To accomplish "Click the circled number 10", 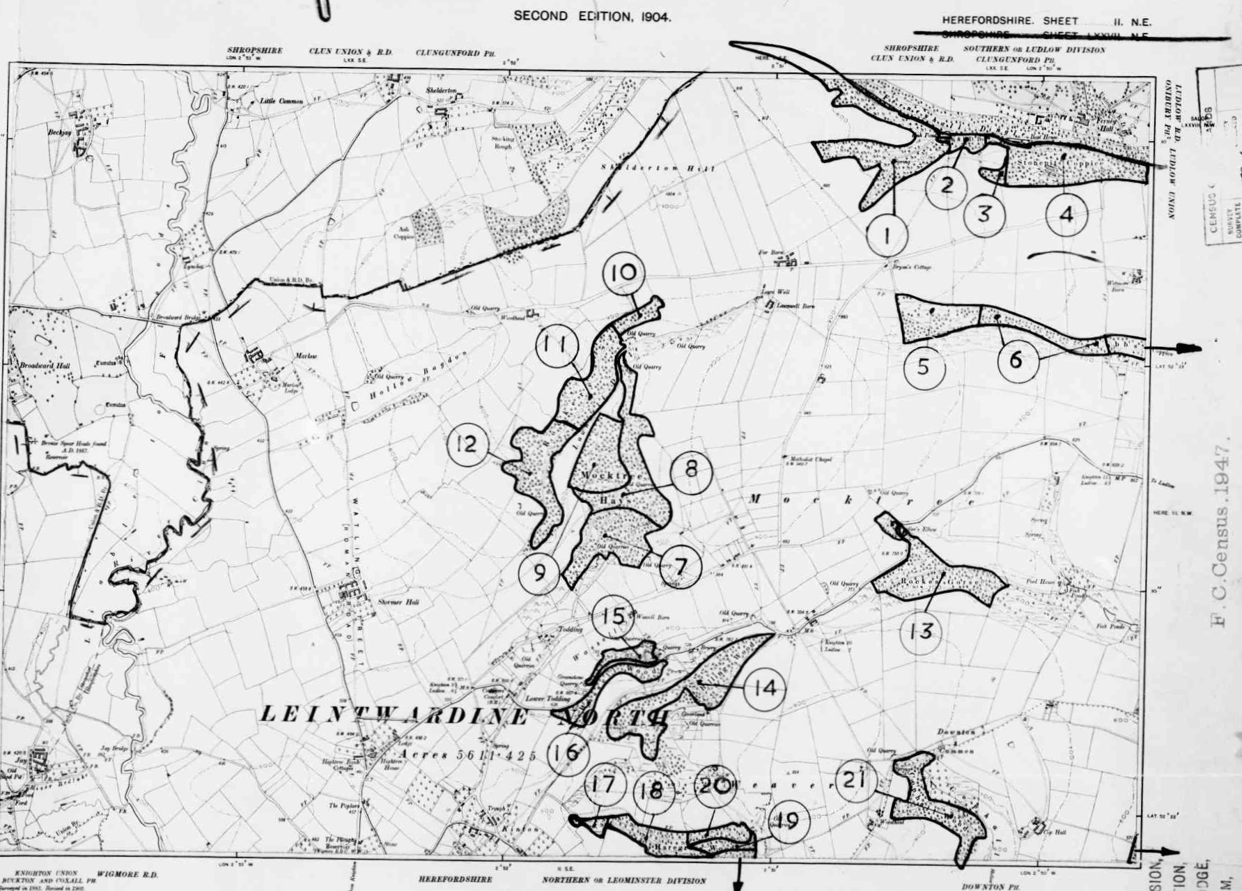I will (623, 272).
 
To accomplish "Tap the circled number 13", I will (921, 632).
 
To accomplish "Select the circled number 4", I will (1066, 215).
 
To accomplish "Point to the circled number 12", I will (467, 444).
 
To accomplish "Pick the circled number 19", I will (787, 821).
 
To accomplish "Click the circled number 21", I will (855, 780).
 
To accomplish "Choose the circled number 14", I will (765, 688).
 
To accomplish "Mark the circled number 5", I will (924, 366).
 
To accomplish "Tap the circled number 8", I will (691, 469).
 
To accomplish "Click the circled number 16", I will (568, 753).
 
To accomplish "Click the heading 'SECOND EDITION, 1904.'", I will (593, 17).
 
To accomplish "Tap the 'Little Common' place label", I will (281, 102).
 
